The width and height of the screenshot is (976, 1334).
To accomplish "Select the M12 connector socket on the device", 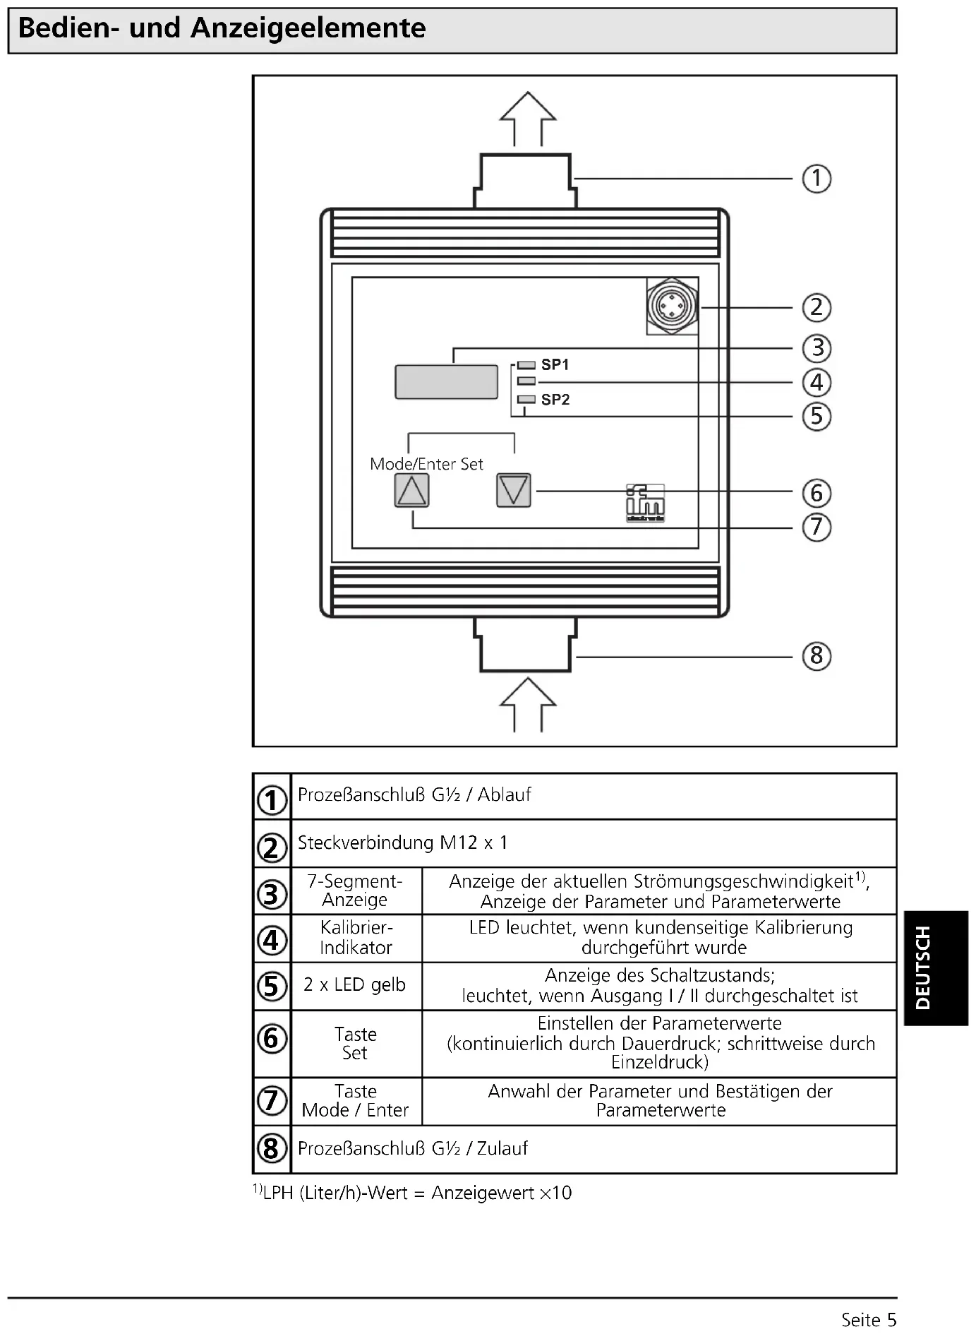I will [x=673, y=306].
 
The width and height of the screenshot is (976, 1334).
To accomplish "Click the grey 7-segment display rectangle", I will [x=446, y=382].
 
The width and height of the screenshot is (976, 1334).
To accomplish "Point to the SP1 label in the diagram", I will [x=555, y=365].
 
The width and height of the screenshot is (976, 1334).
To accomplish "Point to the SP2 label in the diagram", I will [x=555, y=400].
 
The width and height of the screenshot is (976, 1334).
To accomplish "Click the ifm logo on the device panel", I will [x=645, y=503].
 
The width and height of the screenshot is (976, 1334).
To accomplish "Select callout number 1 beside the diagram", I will [x=817, y=179].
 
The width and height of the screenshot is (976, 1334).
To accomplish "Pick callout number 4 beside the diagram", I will [x=817, y=383].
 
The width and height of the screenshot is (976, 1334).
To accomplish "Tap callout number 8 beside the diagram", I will [x=817, y=656].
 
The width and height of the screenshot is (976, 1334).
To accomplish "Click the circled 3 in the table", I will [x=272, y=894].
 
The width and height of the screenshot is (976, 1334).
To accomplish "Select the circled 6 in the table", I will [x=272, y=1038].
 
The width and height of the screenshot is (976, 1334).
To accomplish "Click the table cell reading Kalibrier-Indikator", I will [x=356, y=938].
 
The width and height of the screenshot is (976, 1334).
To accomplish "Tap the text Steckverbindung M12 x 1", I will [x=402, y=842].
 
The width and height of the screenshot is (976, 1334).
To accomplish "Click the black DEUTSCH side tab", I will [x=936, y=967].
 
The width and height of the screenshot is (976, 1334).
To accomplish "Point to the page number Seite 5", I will [x=868, y=1320].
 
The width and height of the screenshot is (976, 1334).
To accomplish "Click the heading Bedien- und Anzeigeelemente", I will [x=222, y=28].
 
